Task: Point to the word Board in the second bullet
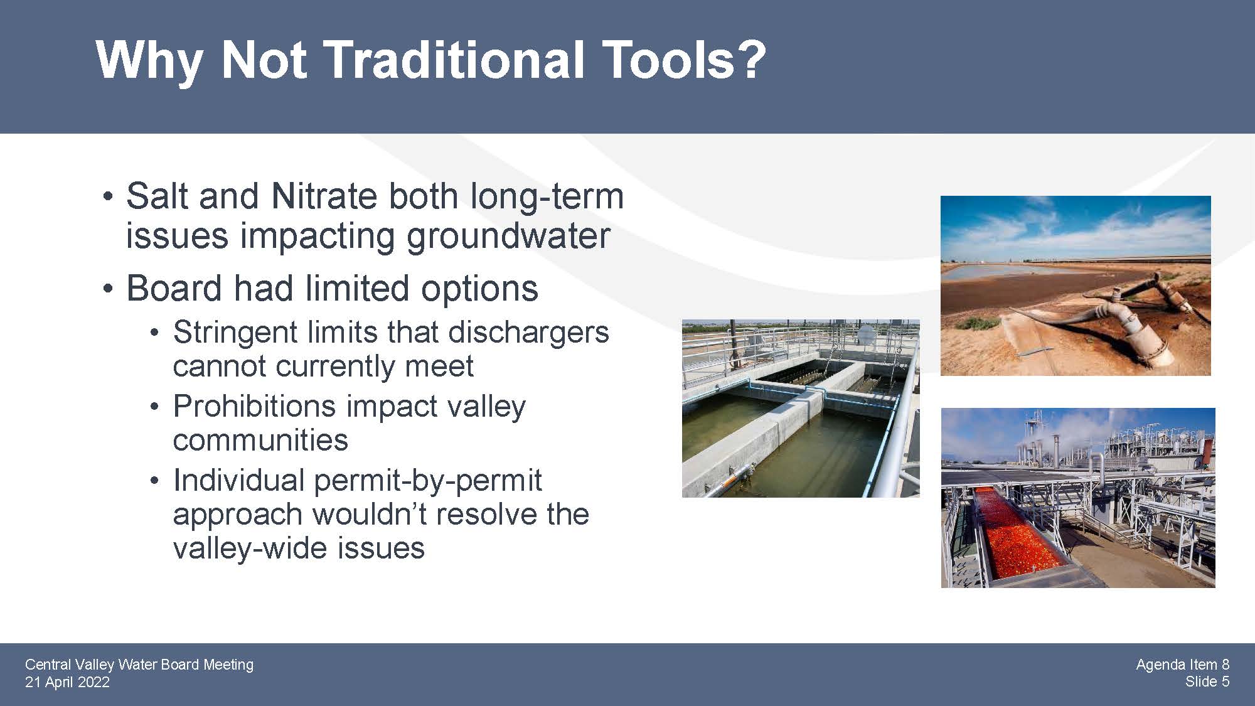[x=174, y=289]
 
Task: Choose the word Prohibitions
[x=254, y=406]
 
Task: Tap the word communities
[x=260, y=440]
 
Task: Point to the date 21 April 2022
[x=67, y=682]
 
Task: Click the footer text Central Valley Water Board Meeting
[x=139, y=665]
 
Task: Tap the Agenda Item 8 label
[x=1182, y=665]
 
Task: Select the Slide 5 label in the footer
[x=1207, y=682]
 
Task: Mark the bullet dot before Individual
[x=155, y=481]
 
